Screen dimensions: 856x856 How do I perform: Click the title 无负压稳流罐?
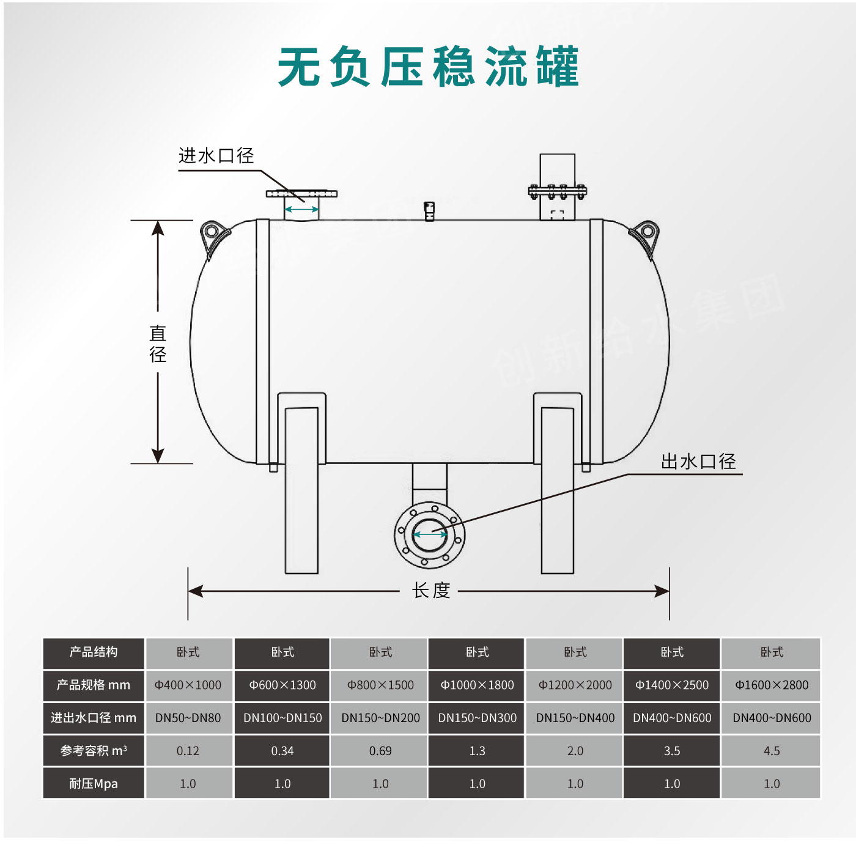428,67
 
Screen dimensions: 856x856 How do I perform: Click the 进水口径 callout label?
216,156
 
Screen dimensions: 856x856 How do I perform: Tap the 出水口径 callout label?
698,462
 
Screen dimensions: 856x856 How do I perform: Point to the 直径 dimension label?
158,344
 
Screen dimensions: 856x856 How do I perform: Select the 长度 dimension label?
431,591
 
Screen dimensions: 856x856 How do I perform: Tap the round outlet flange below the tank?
430,534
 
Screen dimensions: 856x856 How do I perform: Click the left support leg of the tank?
301,489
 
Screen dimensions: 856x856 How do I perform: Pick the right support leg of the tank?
558,489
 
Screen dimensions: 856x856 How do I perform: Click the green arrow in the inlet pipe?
301,210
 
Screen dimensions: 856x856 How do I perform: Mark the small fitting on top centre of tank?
429,211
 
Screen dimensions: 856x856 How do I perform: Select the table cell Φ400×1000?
188,685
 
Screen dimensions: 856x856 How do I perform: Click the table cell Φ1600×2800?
772,685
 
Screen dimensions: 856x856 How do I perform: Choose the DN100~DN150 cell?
282,718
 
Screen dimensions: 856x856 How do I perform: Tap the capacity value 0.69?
380,751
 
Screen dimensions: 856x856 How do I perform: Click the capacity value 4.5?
772,751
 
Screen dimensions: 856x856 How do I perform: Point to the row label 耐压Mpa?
94,784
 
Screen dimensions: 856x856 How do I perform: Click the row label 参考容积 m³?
94,751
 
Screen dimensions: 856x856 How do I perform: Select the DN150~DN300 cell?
478,718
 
